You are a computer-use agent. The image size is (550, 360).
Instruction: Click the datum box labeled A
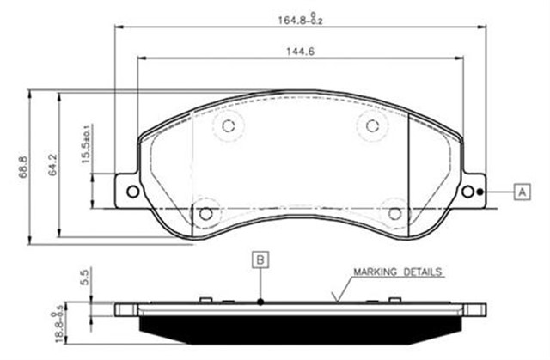tap(522, 192)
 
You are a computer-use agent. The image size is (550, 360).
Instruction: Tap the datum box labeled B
tap(260, 258)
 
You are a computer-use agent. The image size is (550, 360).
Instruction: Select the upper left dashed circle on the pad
tap(229, 126)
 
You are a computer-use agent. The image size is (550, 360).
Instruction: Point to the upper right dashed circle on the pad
tap(372, 126)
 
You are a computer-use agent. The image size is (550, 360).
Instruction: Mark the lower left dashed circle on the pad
tap(205, 211)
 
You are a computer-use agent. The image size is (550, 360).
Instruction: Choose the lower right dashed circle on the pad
tap(394, 211)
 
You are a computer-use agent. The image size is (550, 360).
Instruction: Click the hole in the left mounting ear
tap(131, 192)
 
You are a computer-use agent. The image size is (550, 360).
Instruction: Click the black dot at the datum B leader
tap(260, 302)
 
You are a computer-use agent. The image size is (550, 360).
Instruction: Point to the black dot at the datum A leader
tap(484, 192)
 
